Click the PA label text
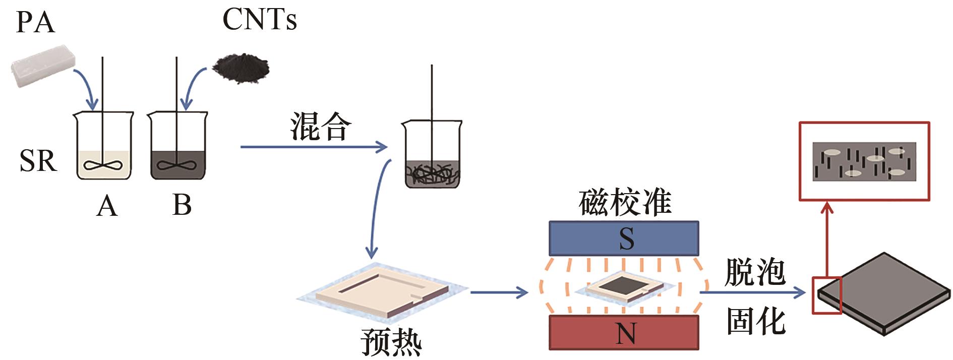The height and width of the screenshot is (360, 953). [35, 23]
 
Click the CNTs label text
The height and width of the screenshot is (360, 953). [259, 20]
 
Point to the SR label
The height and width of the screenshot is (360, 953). [38, 161]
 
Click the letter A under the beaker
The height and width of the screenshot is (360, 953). [107, 206]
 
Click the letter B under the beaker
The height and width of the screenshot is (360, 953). [182, 205]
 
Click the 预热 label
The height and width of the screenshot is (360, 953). [391, 342]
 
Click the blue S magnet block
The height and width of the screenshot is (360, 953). [624, 238]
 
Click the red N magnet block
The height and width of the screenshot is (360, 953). [624, 333]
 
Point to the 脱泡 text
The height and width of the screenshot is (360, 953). [755, 273]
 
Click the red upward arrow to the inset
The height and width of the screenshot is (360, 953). [826, 237]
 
